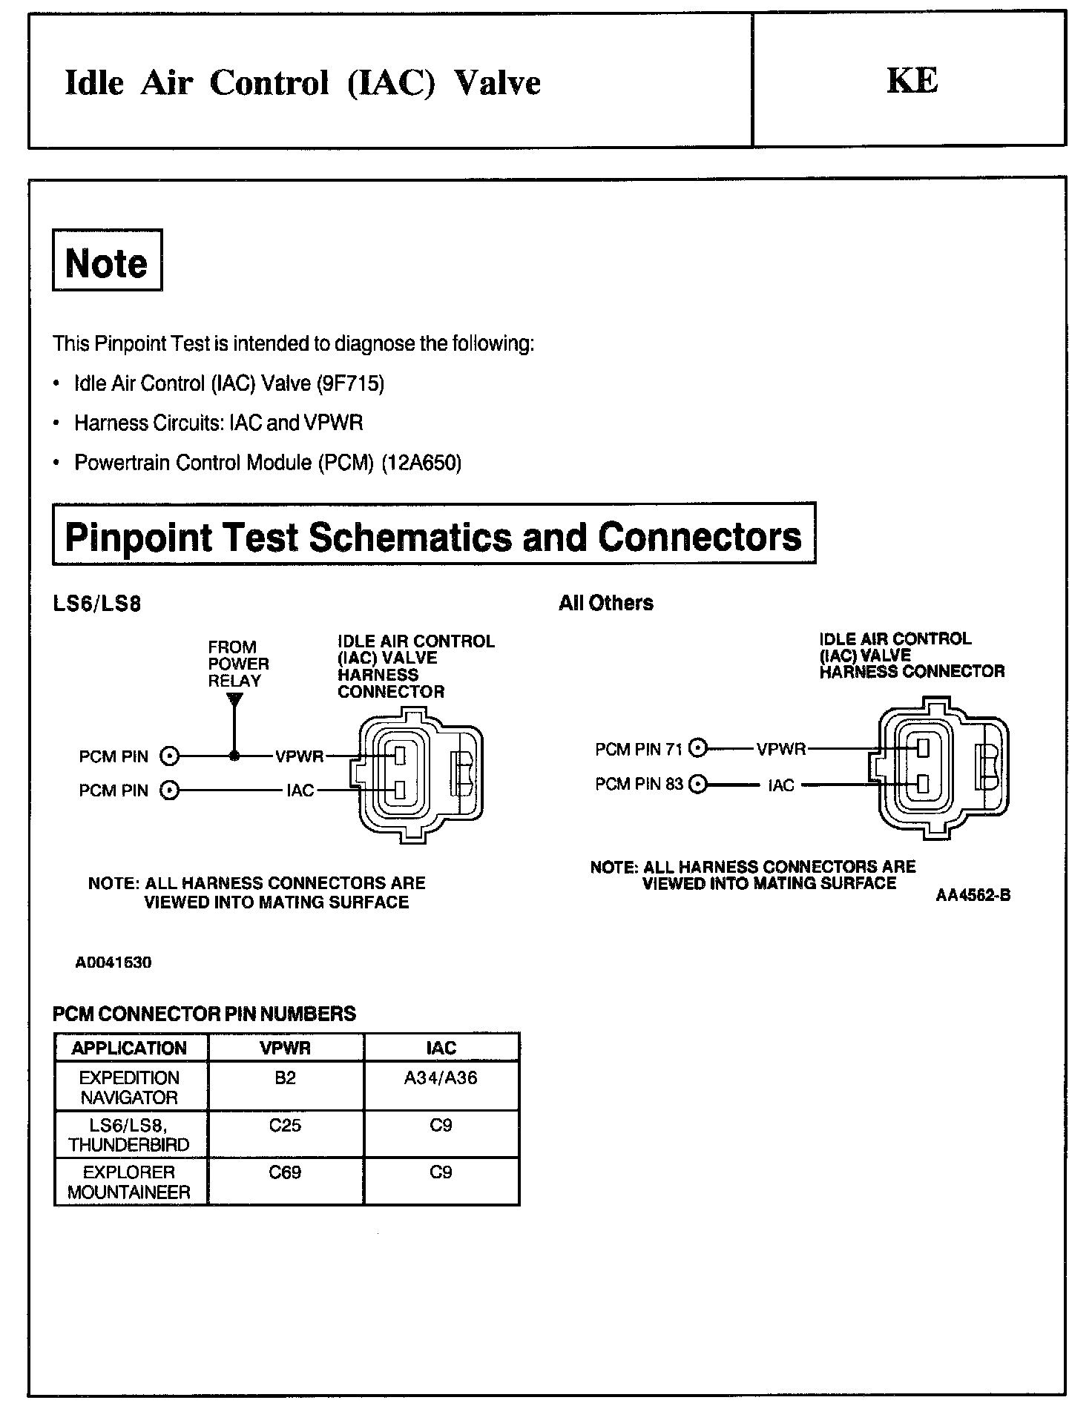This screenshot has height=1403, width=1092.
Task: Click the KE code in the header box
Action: (912, 81)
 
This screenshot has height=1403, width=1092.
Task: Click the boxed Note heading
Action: (107, 261)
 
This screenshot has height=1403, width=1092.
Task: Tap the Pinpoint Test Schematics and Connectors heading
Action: (434, 535)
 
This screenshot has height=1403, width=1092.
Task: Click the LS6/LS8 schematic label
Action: (97, 603)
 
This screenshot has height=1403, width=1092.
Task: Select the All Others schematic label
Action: (606, 603)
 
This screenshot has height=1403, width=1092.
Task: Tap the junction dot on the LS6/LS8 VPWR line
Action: (234, 756)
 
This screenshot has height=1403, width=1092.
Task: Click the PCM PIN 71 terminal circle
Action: (697, 749)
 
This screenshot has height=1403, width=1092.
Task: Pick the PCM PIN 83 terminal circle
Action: (697, 784)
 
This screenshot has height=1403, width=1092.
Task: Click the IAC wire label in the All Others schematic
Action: (781, 785)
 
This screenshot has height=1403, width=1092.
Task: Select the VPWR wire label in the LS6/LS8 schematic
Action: (299, 756)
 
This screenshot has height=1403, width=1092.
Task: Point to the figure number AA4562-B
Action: (973, 895)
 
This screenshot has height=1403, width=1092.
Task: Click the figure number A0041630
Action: (114, 962)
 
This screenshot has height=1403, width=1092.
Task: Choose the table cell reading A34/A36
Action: (441, 1077)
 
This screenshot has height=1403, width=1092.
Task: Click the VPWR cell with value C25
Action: (286, 1126)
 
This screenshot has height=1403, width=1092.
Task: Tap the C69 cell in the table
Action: (286, 1172)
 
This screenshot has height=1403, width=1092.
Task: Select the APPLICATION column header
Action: (130, 1048)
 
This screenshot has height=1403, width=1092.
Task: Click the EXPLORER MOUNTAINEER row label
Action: (130, 1182)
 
